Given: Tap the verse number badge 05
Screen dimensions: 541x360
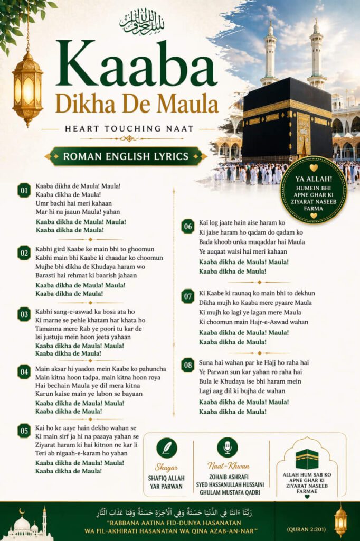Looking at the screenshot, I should (x=24, y=431).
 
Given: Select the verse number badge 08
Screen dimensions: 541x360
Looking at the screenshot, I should (x=187, y=365).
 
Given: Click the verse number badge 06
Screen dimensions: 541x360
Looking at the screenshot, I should (x=187, y=227).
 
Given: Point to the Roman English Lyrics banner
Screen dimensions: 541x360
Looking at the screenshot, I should (x=126, y=156).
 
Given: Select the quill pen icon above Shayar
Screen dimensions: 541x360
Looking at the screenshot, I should (x=167, y=448).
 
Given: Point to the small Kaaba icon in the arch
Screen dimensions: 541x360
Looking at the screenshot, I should (x=307, y=459).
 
